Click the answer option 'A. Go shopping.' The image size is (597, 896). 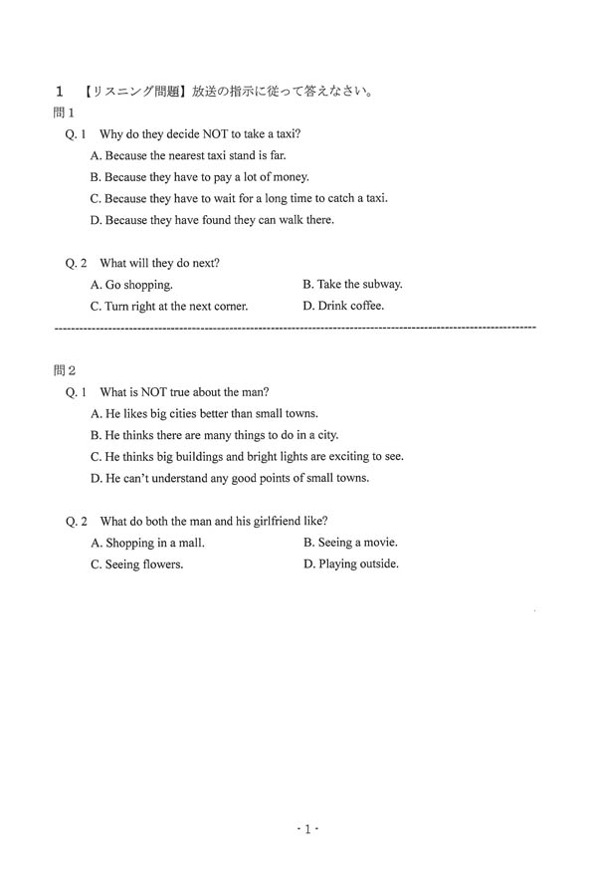pos(131,285)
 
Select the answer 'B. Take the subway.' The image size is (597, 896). pos(352,284)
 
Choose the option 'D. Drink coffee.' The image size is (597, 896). pos(343,306)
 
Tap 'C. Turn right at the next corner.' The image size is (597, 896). pos(169,307)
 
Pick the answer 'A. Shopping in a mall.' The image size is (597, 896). pos(147,543)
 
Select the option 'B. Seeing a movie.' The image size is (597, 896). pos(350,542)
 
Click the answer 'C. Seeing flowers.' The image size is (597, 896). pos(136,564)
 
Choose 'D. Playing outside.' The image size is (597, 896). pos(351,563)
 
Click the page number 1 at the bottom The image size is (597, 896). pos(307,828)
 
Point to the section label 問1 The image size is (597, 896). pos(65,113)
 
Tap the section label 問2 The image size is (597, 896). pos(65,370)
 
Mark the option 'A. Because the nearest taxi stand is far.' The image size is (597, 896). pos(188,155)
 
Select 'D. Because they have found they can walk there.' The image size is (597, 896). pos(212,220)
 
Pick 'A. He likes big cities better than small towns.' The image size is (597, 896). pos(204,413)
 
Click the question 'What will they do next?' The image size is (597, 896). pos(160,263)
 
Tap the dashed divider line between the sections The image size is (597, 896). pos(293,328)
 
